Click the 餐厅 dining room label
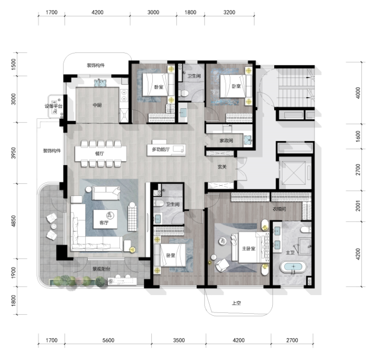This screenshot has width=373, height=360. coord(99,154)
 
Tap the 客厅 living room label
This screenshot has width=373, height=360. coord(104,223)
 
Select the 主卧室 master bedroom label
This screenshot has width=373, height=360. coord(248,248)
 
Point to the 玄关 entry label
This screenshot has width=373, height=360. coord(222,167)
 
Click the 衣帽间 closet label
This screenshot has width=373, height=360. coord(279,209)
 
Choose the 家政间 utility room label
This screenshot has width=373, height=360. coord(226,140)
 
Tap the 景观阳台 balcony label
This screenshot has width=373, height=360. coord(101,269)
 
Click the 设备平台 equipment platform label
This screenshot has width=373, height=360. coord(53,106)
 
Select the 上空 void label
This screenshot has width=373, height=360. coord(236,303)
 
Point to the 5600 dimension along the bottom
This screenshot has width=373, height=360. coord(108,340)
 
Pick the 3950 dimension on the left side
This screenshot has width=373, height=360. coord(14,153)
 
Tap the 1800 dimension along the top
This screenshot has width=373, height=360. coord(191,12)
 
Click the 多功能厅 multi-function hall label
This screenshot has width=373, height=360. coord(161,150)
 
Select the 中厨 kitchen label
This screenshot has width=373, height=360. coord(97,105)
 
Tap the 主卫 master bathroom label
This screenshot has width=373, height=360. coord(290,253)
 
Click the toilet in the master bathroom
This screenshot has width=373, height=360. coord(305,230)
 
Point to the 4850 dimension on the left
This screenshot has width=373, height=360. coord(14,221)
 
